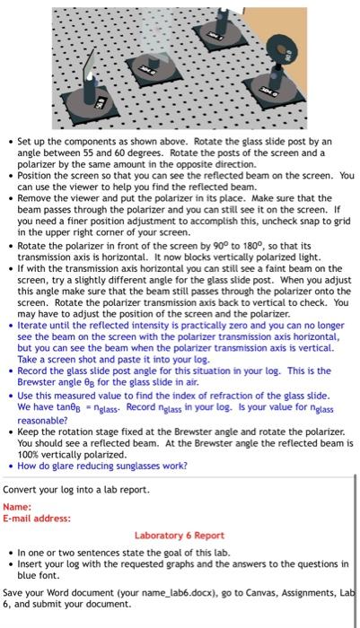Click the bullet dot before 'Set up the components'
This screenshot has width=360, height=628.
click(x=8, y=143)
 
